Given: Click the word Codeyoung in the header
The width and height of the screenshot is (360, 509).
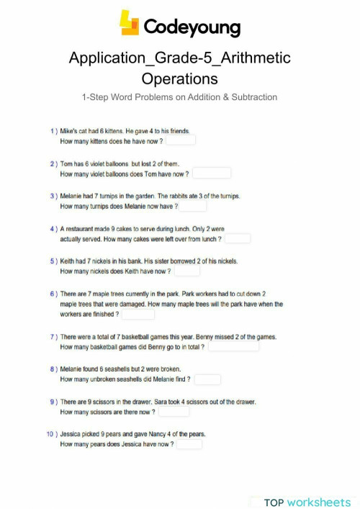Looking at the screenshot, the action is (192, 27).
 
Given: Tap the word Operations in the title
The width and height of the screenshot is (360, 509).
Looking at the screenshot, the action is (179, 78).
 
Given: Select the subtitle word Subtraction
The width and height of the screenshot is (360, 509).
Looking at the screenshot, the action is (251, 97).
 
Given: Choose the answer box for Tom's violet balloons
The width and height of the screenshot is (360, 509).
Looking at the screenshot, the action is (212, 174).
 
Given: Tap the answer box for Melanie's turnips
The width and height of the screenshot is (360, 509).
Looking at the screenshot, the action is (192, 206).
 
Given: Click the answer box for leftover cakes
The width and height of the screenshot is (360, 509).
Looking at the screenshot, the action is (238, 238).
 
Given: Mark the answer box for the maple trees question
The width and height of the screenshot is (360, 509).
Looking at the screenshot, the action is (138, 314).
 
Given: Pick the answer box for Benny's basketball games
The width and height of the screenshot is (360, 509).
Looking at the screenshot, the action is (233, 346).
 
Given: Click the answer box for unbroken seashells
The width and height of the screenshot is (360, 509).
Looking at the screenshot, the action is (207, 379).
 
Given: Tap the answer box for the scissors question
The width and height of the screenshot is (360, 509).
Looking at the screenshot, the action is (174, 411).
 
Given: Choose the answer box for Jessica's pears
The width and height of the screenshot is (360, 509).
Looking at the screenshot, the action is (190, 443).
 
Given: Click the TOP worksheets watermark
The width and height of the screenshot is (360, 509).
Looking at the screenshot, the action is (307, 502).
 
